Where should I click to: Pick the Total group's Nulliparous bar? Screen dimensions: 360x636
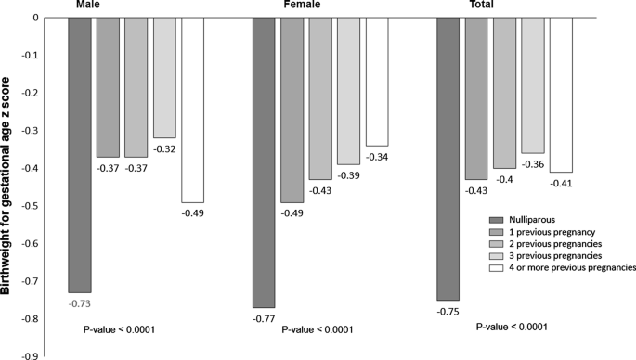448,159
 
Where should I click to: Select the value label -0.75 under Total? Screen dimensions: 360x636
448,311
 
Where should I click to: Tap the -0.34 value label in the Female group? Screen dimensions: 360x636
377,157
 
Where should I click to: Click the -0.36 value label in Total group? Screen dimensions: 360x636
533,164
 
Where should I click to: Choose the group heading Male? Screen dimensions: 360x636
88,6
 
